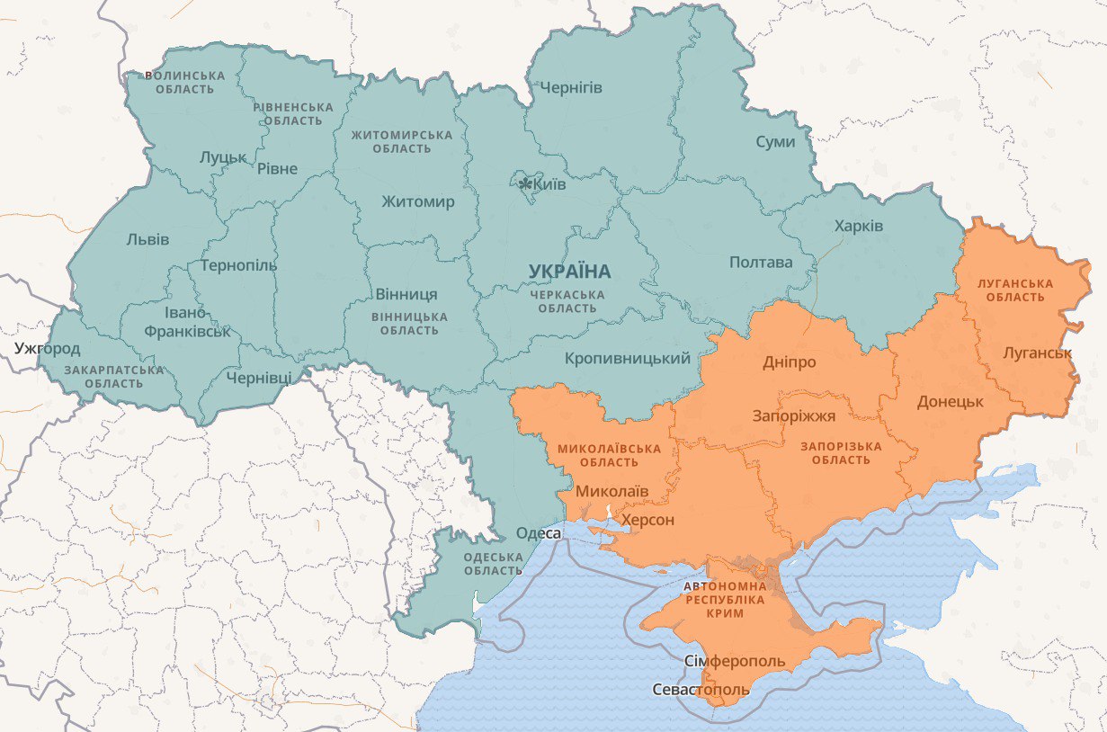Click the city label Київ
point(549,184)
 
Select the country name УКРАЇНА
point(569,271)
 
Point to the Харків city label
point(859,226)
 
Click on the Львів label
point(147,239)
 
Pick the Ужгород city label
point(47,348)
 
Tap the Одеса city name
point(539,533)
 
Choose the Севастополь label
point(700,690)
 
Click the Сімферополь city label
point(735,662)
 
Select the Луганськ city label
point(1037,352)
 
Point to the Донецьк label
point(951,401)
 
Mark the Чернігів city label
point(570,87)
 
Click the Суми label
point(775,142)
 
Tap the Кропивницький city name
point(628,358)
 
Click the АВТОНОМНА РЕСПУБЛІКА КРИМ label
point(725,599)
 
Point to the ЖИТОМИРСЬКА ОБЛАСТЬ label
point(401,141)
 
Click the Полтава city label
point(761,263)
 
